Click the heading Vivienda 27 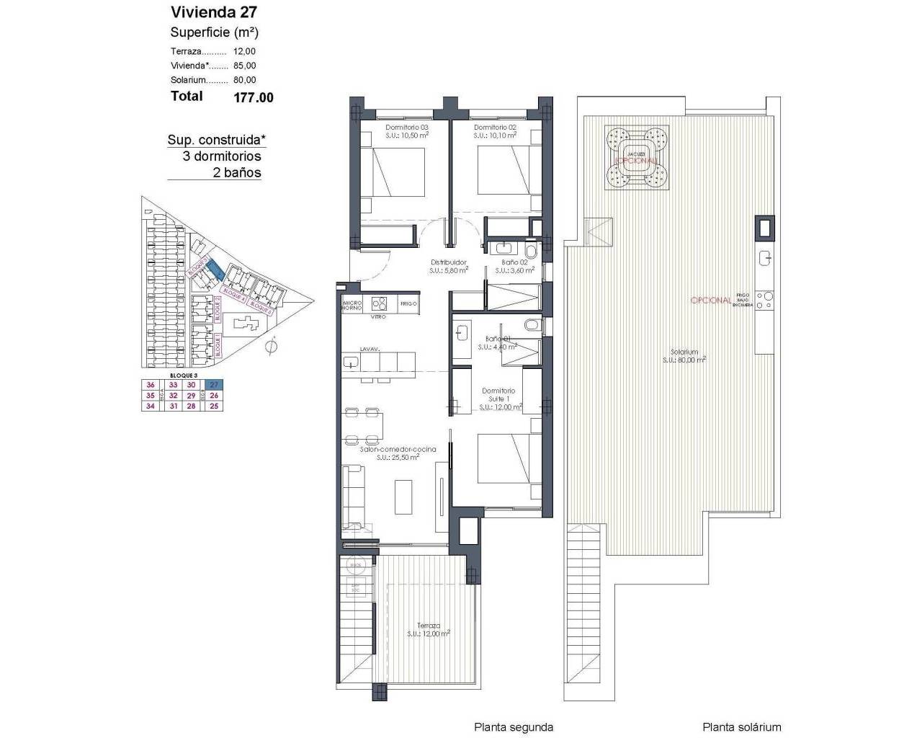point(214,12)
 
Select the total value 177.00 point(254,97)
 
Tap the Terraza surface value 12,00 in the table point(244,51)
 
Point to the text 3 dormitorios point(221,156)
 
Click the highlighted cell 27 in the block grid point(213,385)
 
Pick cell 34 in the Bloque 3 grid point(151,406)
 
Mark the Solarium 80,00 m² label point(684,355)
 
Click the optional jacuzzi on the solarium point(635,158)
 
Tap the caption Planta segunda point(514,727)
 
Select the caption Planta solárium point(742,727)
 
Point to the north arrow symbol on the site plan point(271,347)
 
